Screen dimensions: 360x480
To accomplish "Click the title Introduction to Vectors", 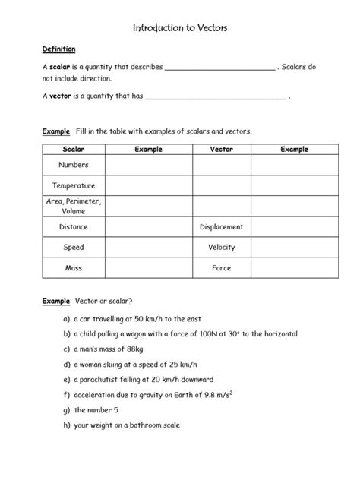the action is pyautogui.click(x=180, y=27).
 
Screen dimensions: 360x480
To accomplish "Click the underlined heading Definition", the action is pyautogui.click(x=58, y=49).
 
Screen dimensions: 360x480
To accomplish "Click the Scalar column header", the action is pyautogui.click(x=74, y=150).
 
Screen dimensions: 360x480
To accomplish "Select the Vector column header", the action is pyautogui.click(x=221, y=150).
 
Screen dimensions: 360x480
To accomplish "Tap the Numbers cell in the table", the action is pyautogui.click(x=74, y=165).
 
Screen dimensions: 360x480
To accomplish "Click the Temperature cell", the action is pyautogui.click(x=74, y=185).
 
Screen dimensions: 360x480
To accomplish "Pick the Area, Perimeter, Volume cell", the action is pyautogui.click(x=74, y=206).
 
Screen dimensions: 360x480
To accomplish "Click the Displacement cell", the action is pyautogui.click(x=221, y=226).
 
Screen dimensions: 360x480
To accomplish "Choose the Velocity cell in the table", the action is pyautogui.click(x=221, y=247).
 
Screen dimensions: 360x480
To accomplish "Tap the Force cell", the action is pyautogui.click(x=221, y=267).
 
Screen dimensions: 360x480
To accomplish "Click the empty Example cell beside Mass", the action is pyautogui.click(x=148, y=267).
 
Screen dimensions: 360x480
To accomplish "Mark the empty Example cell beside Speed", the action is pyautogui.click(x=148, y=247).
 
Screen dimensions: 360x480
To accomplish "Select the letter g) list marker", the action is pyautogui.click(x=67, y=410).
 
